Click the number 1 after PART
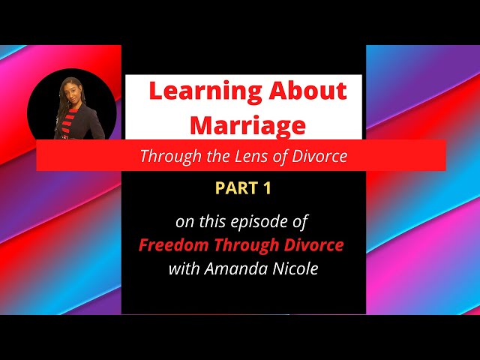point(266,189)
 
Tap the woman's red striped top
point(72,122)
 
